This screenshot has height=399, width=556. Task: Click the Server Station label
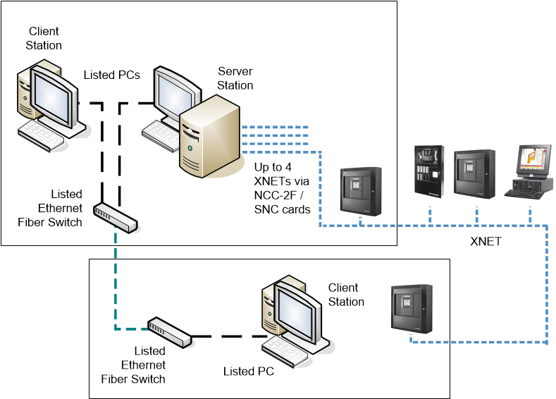tap(235, 78)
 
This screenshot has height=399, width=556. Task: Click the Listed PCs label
tap(111, 74)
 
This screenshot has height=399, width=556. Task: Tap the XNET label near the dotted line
tap(486, 241)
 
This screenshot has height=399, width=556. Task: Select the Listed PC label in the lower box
tap(248, 371)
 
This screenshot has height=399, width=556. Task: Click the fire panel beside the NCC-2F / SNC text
tap(361, 190)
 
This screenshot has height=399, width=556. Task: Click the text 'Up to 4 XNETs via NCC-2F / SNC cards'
tap(282, 187)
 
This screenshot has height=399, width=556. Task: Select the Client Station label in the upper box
tap(44, 38)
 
